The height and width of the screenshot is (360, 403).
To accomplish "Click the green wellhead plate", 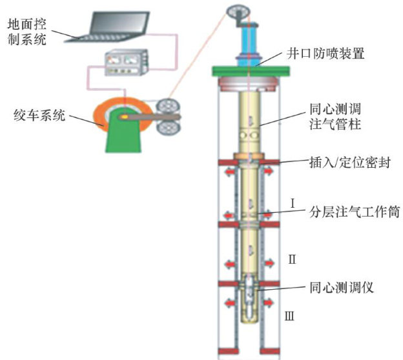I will pos(248,70).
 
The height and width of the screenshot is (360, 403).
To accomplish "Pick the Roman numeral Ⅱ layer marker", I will pos(292,260).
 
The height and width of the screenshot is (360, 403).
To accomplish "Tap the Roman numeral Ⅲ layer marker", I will pos(290,316).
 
